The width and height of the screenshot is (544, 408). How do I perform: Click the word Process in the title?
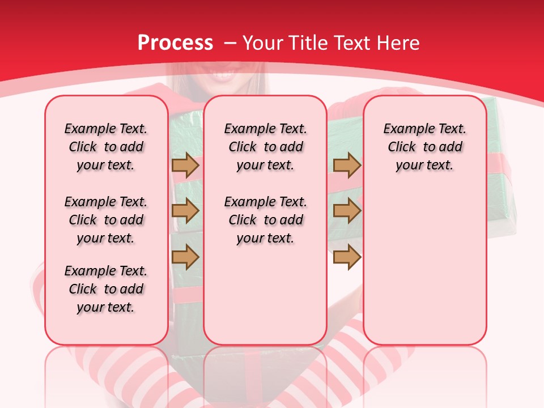[175, 43]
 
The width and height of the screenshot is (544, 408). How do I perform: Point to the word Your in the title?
[264, 43]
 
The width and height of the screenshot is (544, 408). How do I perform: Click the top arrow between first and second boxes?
[185, 165]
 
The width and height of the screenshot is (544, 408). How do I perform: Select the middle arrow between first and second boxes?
[185, 211]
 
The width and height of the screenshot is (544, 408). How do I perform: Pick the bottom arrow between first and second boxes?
[185, 257]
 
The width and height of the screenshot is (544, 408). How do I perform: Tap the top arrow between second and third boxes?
[347, 165]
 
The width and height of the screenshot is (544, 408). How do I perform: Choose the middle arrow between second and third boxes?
[347, 211]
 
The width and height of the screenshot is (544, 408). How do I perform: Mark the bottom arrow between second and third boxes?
[347, 257]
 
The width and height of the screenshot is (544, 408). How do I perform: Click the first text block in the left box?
[106, 147]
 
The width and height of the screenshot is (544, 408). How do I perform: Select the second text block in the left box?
[106, 220]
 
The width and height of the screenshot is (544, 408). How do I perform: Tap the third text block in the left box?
[106, 289]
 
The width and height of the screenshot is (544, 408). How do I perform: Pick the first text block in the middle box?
[265, 147]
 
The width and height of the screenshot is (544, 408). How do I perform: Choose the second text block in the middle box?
[265, 220]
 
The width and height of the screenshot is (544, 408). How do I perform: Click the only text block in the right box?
[425, 147]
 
